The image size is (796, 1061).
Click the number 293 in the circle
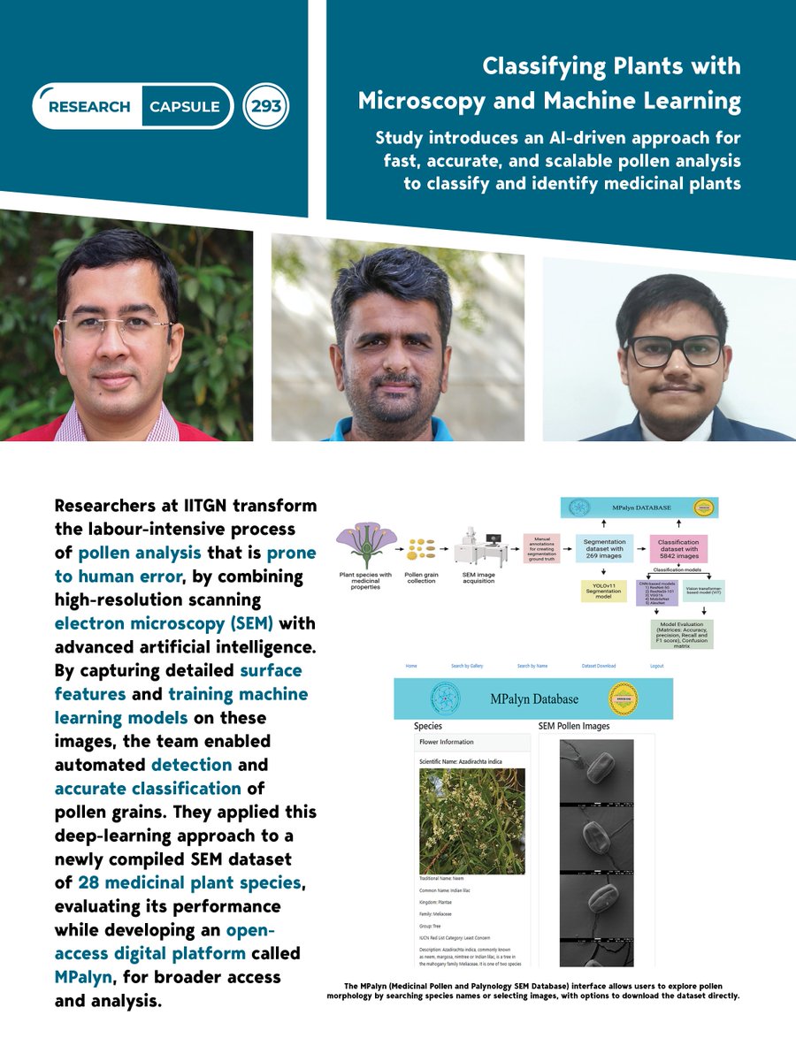click(266, 107)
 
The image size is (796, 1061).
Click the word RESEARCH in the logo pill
click(89, 107)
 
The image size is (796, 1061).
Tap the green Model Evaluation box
click(681, 634)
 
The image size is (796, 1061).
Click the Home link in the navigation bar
click(411, 666)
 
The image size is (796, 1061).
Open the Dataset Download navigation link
click(599, 666)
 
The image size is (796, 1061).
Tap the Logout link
click(656, 666)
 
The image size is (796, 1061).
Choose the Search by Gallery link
click(467, 666)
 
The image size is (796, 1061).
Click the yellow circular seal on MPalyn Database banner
click(625, 698)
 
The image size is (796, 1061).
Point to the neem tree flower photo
click(471, 821)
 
